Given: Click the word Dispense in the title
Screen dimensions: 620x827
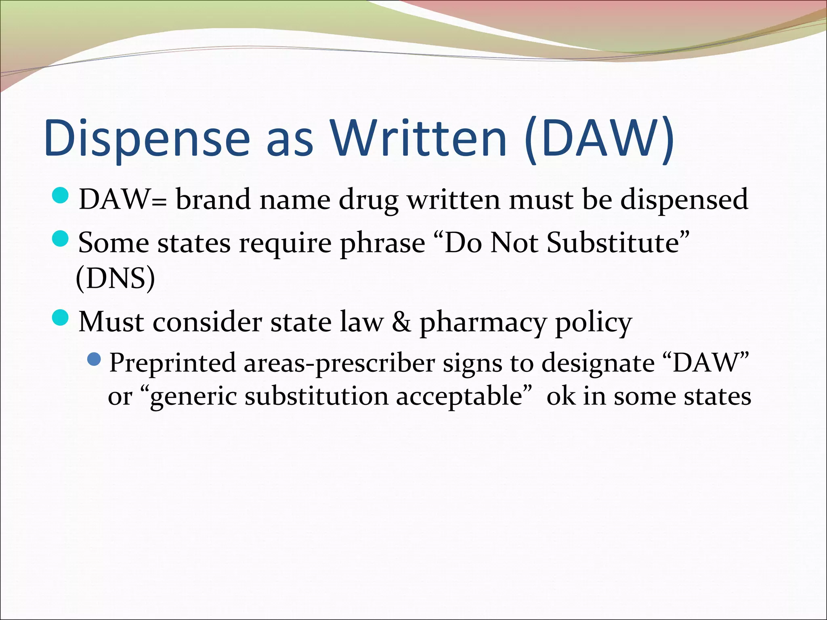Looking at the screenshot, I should (x=147, y=138).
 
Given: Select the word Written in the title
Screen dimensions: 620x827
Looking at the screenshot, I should (x=419, y=138).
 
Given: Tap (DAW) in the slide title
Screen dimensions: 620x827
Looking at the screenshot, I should (x=600, y=138).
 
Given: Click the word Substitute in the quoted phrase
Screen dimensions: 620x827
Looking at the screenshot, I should (x=613, y=243).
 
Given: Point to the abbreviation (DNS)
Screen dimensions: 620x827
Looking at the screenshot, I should (x=115, y=278).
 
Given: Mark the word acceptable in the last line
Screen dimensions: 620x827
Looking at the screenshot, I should (x=460, y=397).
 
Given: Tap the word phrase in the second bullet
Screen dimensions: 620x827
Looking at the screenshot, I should (x=382, y=243).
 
